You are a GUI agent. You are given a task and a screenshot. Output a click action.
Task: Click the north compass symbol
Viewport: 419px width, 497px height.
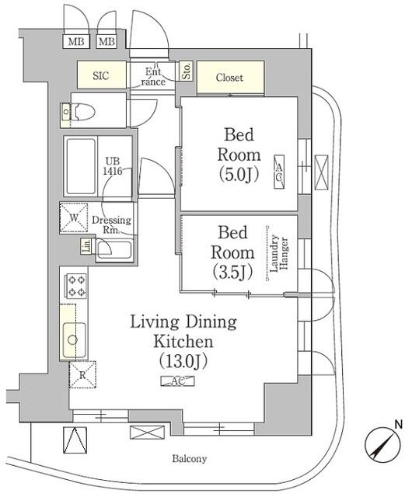(382, 446)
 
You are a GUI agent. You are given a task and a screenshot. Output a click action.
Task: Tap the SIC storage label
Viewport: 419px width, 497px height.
(102, 76)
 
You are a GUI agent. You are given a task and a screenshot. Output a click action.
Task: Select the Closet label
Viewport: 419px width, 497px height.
(229, 78)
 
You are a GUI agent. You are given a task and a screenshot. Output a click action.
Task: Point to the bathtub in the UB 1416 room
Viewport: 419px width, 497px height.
(81, 166)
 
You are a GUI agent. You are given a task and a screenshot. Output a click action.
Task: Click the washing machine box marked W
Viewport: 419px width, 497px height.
(75, 218)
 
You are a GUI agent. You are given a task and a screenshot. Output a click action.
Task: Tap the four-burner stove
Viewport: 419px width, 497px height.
(75, 286)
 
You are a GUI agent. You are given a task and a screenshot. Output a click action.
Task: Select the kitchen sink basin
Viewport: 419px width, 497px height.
(74, 338)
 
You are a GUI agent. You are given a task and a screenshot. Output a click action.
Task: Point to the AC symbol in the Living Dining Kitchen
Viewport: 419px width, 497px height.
(178, 381)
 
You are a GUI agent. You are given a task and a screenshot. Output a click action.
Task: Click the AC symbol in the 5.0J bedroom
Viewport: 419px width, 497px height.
(278, 171)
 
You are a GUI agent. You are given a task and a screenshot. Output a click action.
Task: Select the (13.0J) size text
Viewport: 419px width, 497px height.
(183, 361)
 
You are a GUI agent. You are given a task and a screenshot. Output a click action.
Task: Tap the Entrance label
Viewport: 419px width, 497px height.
(153, 77)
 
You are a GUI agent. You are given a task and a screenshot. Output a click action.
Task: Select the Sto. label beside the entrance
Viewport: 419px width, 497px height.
(187, 71)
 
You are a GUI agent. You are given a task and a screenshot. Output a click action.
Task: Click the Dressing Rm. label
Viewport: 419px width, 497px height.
(111, 224)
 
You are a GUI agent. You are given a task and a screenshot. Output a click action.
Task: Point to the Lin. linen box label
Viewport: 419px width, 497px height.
(86, 247)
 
